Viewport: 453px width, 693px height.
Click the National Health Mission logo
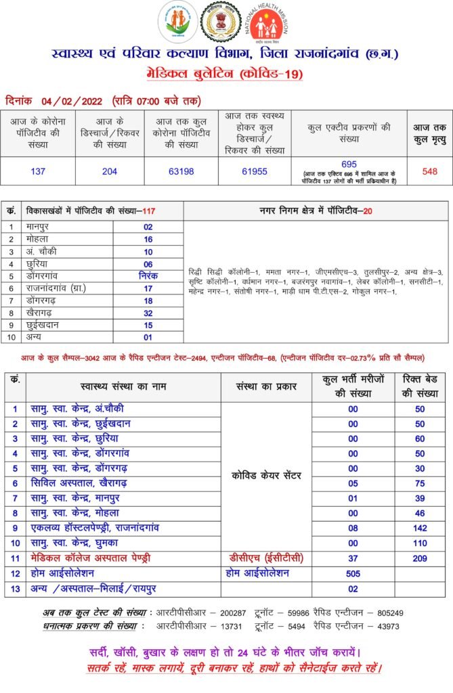[269, 24]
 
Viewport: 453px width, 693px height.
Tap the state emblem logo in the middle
[223, 22]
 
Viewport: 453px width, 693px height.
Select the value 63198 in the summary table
[179, 171]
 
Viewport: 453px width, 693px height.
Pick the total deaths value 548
[429, 171]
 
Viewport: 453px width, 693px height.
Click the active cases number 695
[349, 164]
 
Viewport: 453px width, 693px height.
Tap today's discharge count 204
[109, 171]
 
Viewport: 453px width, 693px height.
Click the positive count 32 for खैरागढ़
[148, 314]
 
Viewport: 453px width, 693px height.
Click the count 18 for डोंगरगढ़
[148, 301]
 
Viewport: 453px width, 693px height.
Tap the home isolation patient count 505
[352, 573]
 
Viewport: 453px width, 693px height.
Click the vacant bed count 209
[420, 558]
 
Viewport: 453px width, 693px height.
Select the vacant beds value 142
[420, 527]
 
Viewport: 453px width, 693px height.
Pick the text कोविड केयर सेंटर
[266, 476]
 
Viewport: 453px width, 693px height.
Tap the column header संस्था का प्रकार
[266, 386]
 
